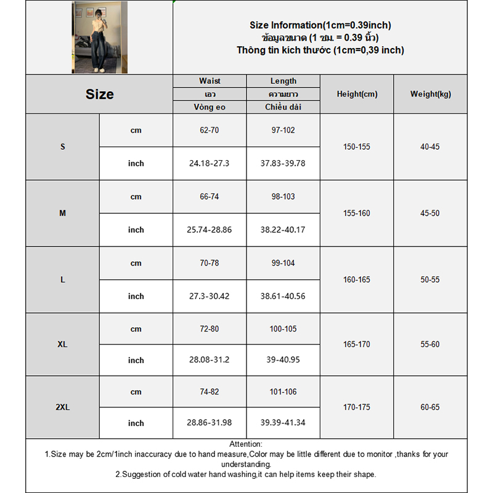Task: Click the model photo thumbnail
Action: click(99, 37)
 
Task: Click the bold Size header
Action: click(99, 94)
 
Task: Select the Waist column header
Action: click(210, 81)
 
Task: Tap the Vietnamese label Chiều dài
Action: click(283, 107)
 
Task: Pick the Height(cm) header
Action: click(357, 94)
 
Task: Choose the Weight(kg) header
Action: click(430, 94)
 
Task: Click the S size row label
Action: click(62, 147)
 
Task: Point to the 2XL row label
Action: click(62, 407)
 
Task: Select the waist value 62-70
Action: click(210, 131)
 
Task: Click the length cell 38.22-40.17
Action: click(283, 230)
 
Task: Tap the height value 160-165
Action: click(357, 280)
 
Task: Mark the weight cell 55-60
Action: click(430, 344)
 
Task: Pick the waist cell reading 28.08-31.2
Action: click(210, 361)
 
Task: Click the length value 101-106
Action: click(283, 392)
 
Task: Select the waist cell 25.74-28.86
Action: click(210, 230)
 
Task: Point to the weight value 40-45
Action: click(430, 147)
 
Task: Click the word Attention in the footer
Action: click(245, 444)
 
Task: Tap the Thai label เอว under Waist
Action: click(210, 94)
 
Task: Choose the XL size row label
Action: click(62, 344)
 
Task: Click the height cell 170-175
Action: click(357, 407)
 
